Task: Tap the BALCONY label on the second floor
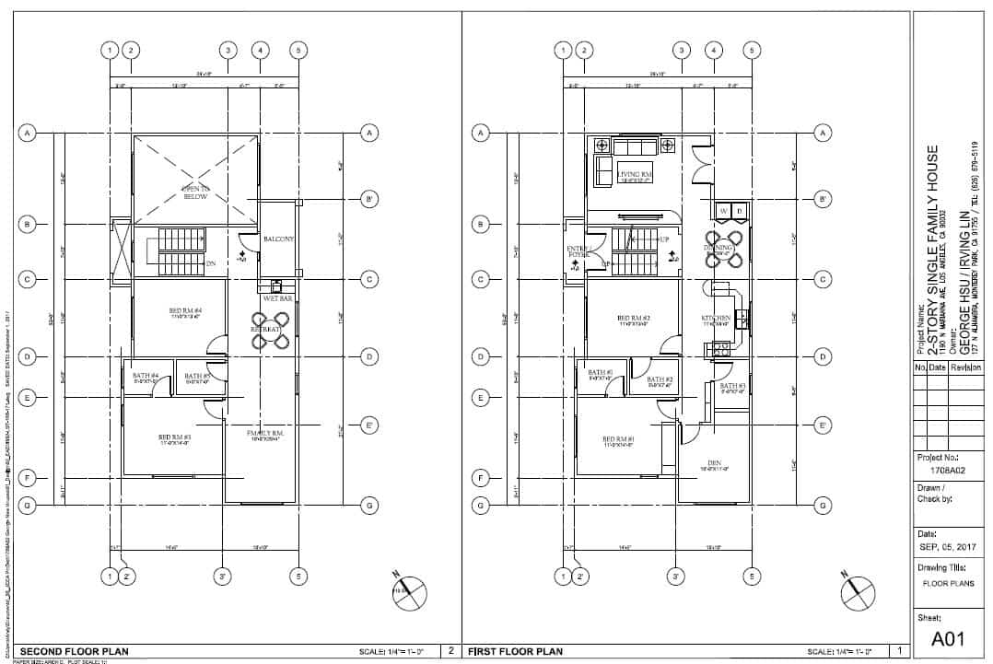click(278, 239)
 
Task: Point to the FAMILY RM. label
click(263, 433)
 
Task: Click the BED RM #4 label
click(185, 311)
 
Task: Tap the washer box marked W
click(723, 212)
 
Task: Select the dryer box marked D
click(739, 212)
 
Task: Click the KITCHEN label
click(716, 319)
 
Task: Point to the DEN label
click(714, 462)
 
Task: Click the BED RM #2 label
click(635, 319)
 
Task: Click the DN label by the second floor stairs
click(211, 263)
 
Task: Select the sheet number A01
click(948, 638)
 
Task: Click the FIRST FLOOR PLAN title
click(515, 652)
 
